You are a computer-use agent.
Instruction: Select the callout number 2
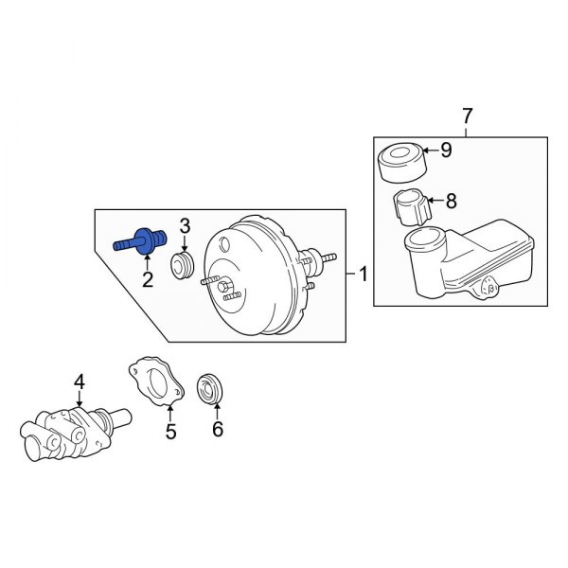147,278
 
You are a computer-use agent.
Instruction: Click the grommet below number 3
183,266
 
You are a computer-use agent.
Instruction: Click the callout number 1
363,275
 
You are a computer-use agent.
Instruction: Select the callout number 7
466,116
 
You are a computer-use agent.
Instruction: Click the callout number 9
447,150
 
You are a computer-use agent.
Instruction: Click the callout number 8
451,201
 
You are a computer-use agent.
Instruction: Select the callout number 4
80,382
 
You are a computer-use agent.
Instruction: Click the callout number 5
171,434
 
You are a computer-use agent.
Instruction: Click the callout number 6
217,430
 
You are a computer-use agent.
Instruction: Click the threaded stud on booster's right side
326,257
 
